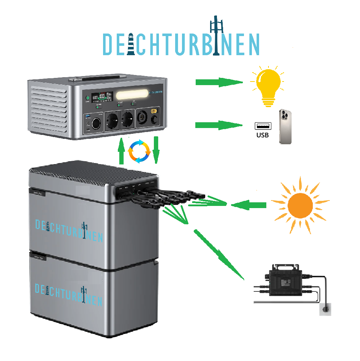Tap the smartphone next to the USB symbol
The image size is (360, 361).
pos(285,127)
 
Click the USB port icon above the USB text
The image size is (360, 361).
pos(263,126)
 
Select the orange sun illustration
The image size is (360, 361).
pos(300,205)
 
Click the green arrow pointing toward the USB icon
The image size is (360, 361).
pos(218,125)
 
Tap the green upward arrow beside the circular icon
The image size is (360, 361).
pos(122,151)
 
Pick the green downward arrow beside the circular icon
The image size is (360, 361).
pos(156,150)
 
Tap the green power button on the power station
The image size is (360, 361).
pos(88,98)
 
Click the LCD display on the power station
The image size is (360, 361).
pos(102,97)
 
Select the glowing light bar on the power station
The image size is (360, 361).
pos(132,95)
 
